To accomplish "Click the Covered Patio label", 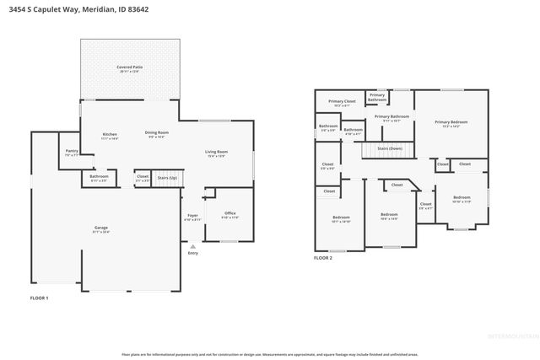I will (x=129, y=67).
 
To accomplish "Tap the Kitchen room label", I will (x=110, y=135).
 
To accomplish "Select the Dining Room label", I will (x=157, y=133).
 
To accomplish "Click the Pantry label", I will (x=72, y=152).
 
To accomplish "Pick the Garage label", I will (x=100, y=228).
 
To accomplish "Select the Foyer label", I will (x=192, y=216).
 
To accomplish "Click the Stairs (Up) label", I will (x=167, y=178).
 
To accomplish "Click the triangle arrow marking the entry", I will (x=192, y=245).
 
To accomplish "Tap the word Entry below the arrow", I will (x=192, y=253).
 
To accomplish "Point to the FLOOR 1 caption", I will (x=40, y=298).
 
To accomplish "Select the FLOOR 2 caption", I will (x=323, y=258).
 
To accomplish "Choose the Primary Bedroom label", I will (x=451, y=122).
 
